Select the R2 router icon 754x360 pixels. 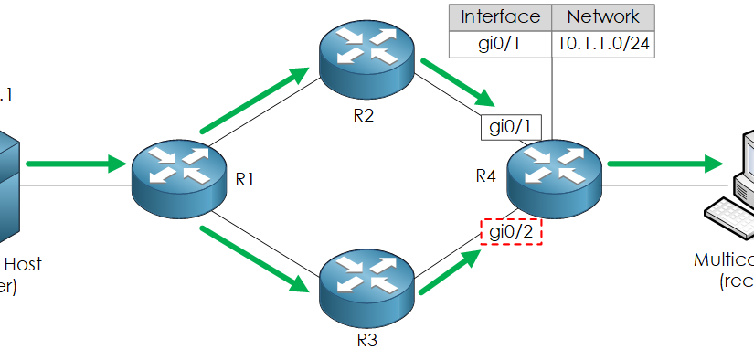tap(366, 60)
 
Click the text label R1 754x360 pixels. tap(245, 180)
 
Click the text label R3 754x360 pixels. tap(366, 341)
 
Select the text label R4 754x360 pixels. tap(486, 175)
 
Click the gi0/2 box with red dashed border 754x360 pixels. tap(512, 232)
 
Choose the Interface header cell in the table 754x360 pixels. tap(500, 17)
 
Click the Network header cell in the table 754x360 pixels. tap(602, 17)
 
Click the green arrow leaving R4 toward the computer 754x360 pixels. tap(663, 164)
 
